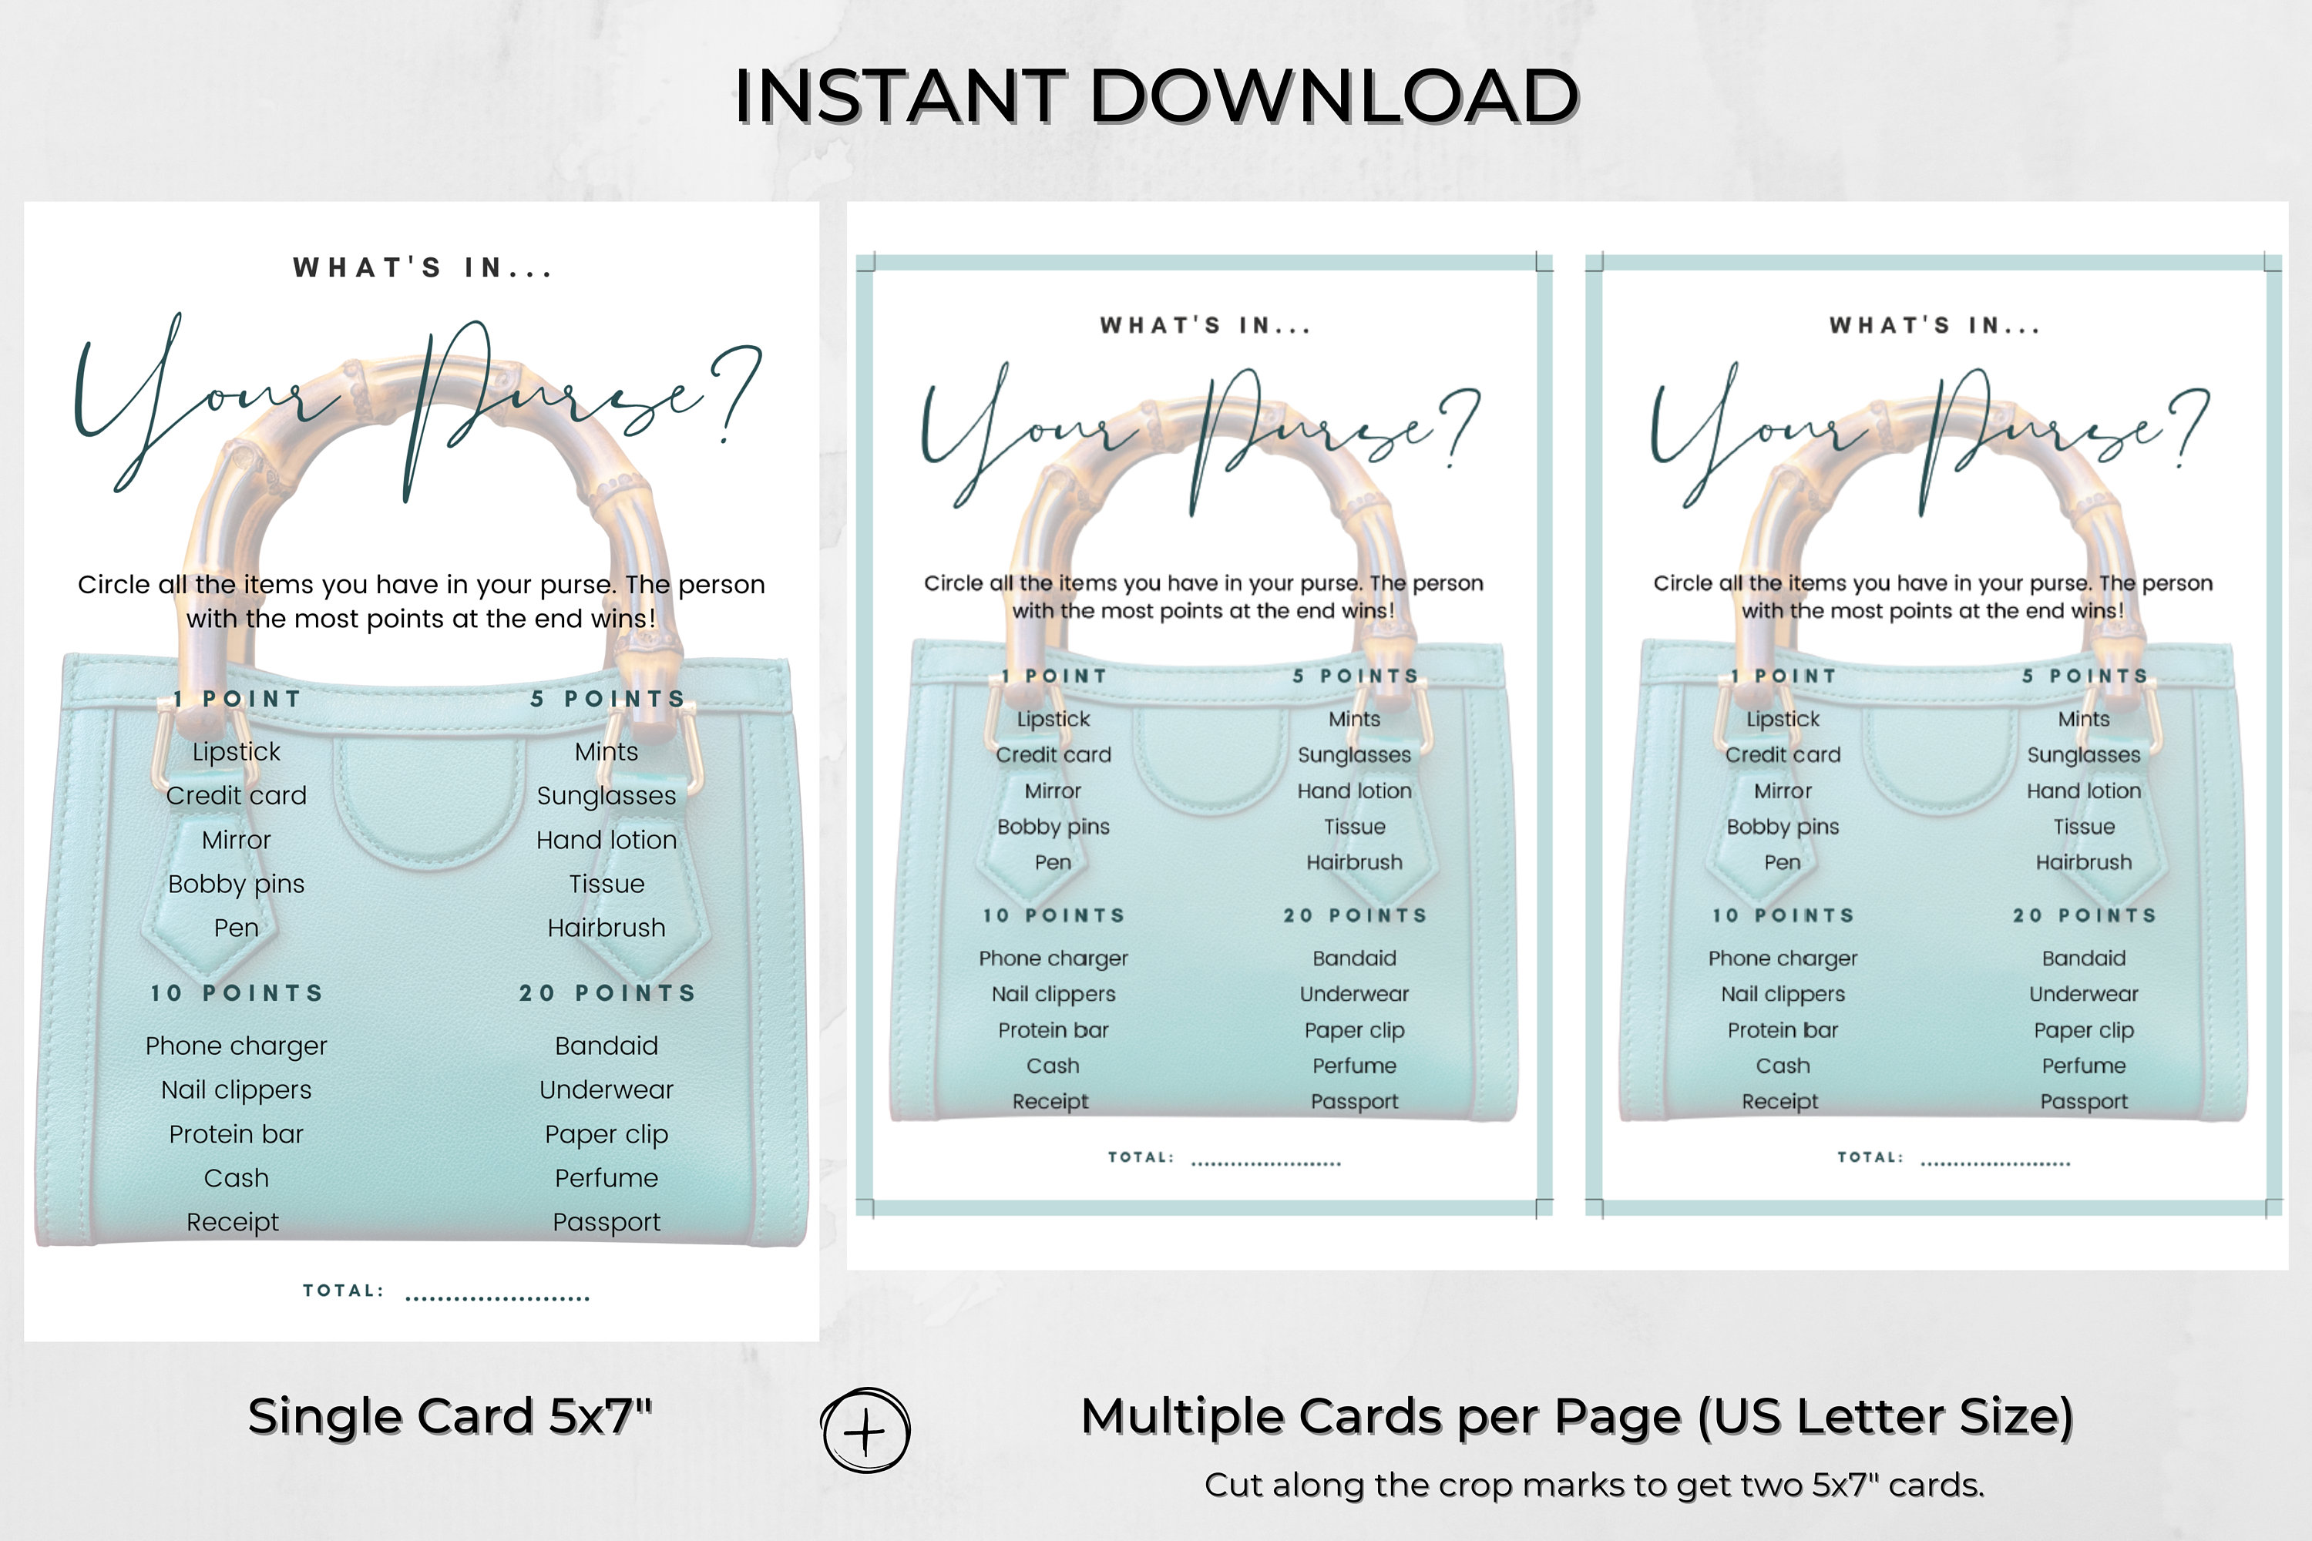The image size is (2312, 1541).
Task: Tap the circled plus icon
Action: pyautogui.click(x=865, y=1431)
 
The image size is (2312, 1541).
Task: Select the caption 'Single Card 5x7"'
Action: pyautogui.click(x=450, y=1416)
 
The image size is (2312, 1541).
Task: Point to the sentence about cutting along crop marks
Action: pyautogui.click(x=1595, y=1485)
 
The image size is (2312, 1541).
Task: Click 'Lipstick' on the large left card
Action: pyautogui.click(x=236, y=752)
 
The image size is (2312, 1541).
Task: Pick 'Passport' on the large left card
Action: pyautogui.click(x=607, y=1223)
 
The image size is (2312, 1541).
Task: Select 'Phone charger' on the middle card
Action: pyautogui.click(x=1053, y=959)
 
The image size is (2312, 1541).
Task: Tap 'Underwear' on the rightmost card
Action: pyautogui.click(x=2083, y=994)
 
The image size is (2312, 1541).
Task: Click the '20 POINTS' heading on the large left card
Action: pyautogui.click(x=607, y=994)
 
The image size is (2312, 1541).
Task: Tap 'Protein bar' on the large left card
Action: pyautogui.click(x=236, y=1134)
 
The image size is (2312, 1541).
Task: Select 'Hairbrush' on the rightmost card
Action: pyautogui.click(x=2083, y=862)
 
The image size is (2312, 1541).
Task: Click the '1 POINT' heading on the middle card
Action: pyautogui.click(x=1054, y=676)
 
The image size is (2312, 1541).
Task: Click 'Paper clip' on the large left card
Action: pyautogui.click(x=607, y=1135)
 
